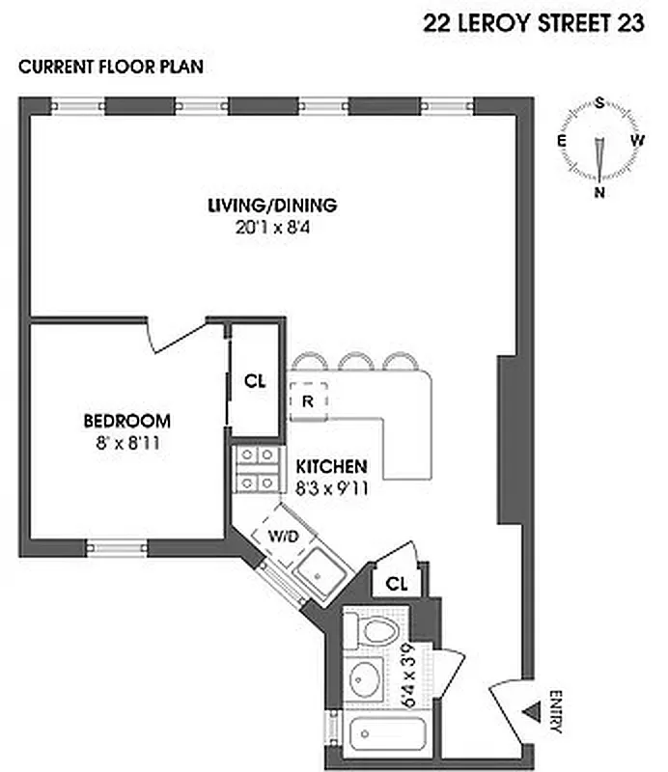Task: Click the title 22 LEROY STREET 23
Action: (534, 24)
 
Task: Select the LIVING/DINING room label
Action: (272, 205)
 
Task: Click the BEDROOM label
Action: (126, 421)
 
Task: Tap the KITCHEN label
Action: (331, 465)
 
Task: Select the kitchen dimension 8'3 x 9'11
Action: (331, 487)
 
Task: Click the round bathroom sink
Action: (366, 681)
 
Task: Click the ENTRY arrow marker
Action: (528, 712)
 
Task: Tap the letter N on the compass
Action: (599, 192)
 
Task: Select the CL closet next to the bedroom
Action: (254, 381)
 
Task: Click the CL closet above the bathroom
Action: (396, 583)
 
